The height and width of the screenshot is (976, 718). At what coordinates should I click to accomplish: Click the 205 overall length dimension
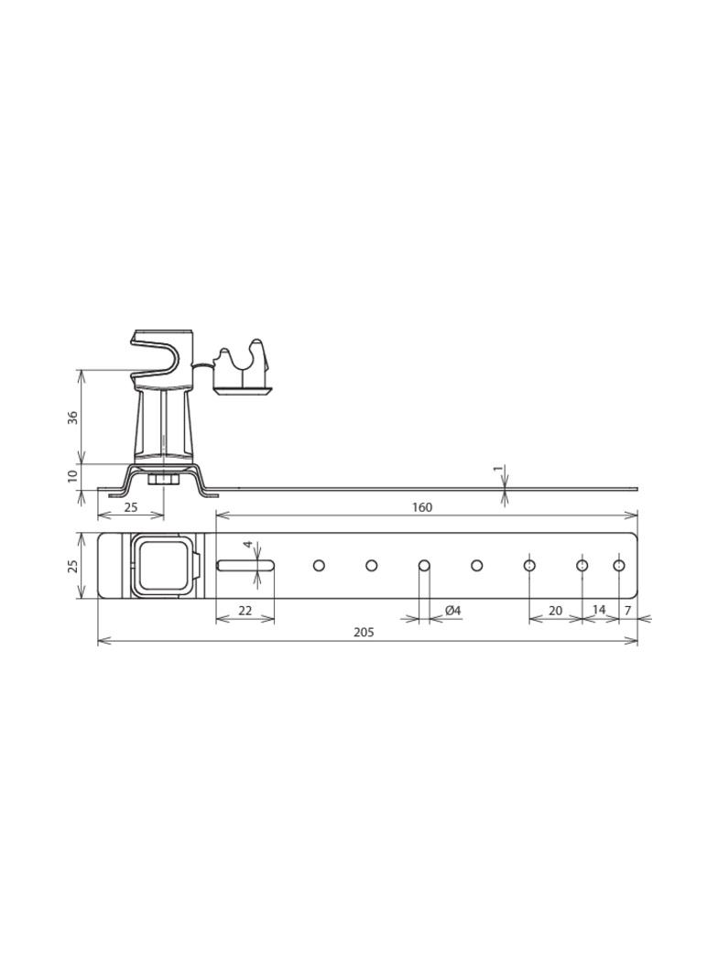[x=364, y=633]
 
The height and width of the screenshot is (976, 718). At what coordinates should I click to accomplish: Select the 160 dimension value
[x=421, y=507]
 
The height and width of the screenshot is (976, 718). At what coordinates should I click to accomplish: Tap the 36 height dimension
[x=72, y=418]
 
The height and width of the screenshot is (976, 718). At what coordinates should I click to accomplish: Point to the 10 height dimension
[x=72, y=477]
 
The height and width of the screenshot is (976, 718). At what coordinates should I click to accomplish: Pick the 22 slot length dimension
[x=245, y=611]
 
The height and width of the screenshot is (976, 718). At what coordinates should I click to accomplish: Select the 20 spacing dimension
[x=555, y=611]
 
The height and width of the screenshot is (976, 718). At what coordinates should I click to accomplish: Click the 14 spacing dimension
[x=598, y=610]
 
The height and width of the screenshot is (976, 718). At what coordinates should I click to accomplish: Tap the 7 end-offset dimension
[x=627, y=611]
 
